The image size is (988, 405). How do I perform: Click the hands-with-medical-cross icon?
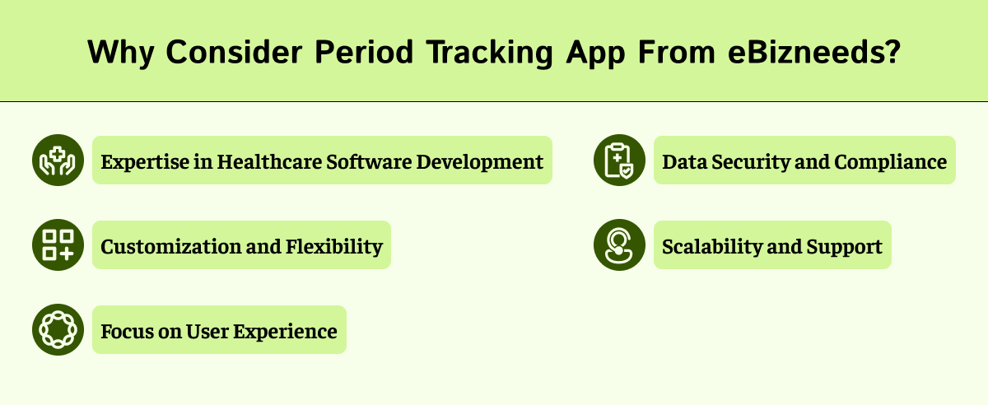[x=58, y=161]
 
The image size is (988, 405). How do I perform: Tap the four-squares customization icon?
[x=58, y=245]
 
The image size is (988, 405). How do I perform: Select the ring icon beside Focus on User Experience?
[x=58, y=330]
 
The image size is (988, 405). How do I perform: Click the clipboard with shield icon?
[x=619, y=161]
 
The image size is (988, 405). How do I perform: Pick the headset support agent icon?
[x=619, y=245]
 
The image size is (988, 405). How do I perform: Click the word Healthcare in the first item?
[x=269, y=161]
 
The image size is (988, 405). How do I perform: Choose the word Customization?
[x=161, y=246]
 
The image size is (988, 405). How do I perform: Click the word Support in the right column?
[x=847, y=246]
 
